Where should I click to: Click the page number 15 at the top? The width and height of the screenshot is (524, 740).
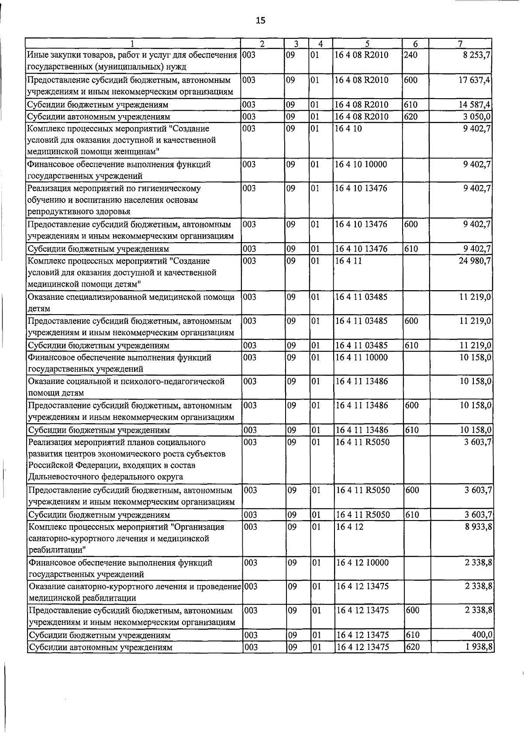coord(260,21)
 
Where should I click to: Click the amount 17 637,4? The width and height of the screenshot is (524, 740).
coord(474,80)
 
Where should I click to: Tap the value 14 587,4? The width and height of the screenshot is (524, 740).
coord(474,105)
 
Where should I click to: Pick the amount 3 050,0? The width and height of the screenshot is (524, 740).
coord(477,116)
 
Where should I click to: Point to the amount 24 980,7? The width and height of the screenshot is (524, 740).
coord(474,261)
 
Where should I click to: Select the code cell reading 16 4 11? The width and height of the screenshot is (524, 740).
coord(348,261)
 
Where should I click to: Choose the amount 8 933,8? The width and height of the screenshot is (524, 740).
coord(477,527)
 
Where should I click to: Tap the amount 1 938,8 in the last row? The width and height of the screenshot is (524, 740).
coord(477,647)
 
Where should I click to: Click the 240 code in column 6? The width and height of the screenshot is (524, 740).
coord(411,55)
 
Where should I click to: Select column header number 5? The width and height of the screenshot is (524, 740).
coord(367,44)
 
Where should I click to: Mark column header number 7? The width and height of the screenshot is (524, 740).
coord(460,44)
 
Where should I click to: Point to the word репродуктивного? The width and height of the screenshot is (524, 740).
coord(57,212)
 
